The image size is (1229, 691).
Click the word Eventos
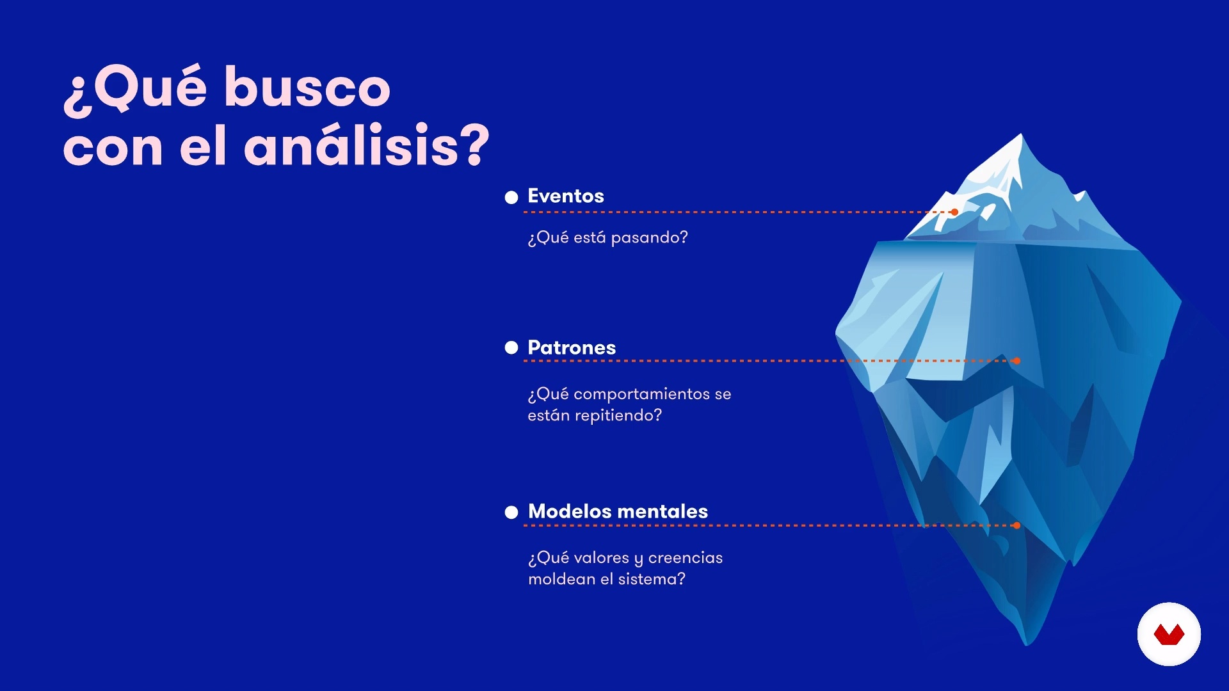click(x=566, y=196)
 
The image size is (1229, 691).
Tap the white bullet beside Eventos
click(x=511, y=197)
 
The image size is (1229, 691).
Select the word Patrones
click(x=572, y=347)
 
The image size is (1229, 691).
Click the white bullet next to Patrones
click(x=511, y=347)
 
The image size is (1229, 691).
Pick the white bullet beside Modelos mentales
click(x=511, y=512)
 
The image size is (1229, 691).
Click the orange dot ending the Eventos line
click(x=954, y=212)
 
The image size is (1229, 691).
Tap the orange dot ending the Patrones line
click(x=1016, y=361)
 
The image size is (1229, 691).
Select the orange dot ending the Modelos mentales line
click(x=1016, y=525)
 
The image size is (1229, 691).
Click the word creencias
click(x=686, y=557)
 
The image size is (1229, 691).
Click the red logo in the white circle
click(x=1169, y=635)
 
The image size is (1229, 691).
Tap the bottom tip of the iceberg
click(x=1027, y=644)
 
